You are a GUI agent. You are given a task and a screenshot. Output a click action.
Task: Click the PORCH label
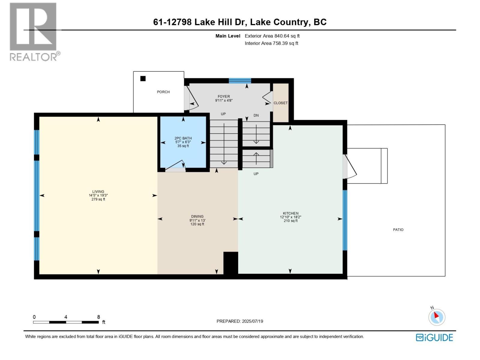(163, 92)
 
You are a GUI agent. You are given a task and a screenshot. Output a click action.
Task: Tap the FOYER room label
(224, 96)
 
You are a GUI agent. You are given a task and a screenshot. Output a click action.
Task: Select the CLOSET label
(280, 103)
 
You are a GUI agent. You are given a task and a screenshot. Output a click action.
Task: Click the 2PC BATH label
(183, 138)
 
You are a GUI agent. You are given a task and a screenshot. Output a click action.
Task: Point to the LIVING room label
(98, 191)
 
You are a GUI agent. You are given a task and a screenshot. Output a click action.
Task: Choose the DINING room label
(197, 216)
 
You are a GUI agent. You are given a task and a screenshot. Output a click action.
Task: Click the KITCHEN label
(291, 213)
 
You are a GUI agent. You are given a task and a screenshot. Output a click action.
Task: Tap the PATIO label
(398, 230)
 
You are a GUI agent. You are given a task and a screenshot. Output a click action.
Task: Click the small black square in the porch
(143, 79)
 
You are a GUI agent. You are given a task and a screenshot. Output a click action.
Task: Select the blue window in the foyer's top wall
(240, 81)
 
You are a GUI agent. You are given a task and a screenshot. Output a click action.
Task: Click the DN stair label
(256, 115)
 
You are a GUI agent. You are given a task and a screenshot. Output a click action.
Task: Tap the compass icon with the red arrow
(437, 317)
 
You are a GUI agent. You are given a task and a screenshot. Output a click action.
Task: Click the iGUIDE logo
(434, 337)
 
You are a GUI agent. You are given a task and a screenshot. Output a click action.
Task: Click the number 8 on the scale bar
(99, 317)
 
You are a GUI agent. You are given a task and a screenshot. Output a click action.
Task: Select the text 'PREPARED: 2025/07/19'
(240, 321)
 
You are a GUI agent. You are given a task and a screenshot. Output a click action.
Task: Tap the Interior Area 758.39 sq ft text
(271, 43)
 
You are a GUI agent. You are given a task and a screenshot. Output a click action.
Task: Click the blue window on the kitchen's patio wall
(345, 220)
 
